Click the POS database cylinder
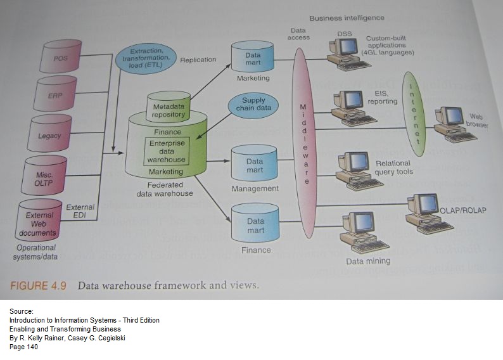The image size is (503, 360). [x=61, y=57]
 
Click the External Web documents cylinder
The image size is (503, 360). [x=40, y=219]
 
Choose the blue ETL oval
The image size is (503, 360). [x=145, y=58]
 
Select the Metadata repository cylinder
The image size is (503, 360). [x=169, y=108]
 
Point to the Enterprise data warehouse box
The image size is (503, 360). [x=167, y=151]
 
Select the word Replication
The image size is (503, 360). [x=198, y=61]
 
